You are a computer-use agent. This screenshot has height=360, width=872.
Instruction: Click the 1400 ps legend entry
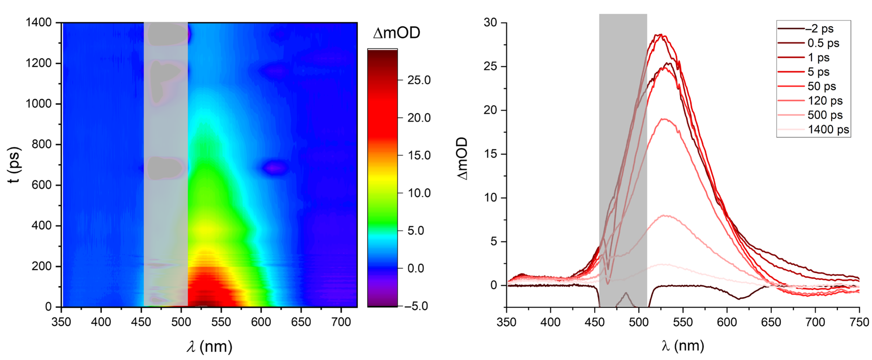828,130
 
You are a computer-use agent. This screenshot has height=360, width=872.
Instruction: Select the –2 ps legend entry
819,29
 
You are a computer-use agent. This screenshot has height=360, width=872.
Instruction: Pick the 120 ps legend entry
825,101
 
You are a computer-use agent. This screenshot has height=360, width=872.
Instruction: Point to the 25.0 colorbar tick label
419,80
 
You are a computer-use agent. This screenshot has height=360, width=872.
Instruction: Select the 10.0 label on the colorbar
419,193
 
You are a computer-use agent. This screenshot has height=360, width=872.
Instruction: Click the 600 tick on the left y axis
42,185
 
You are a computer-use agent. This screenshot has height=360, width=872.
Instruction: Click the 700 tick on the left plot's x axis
341,322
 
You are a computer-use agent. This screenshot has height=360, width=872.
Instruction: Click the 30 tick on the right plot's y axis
490,23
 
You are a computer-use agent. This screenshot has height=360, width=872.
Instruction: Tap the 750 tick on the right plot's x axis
859,322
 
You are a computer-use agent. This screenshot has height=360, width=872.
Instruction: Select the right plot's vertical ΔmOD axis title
462,158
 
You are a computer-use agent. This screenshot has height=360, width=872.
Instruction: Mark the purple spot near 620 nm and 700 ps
276,167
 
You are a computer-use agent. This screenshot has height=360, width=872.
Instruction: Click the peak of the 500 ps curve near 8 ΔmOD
665,216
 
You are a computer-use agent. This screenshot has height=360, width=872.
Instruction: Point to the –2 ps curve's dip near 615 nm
739,298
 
